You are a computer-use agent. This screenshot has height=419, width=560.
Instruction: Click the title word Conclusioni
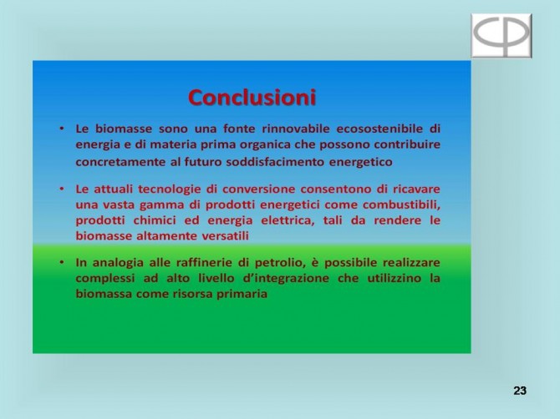(x=252, y=98)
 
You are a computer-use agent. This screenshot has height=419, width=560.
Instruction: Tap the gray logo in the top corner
(x=501, y=35)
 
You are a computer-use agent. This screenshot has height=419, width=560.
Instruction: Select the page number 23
(x=520, y=391)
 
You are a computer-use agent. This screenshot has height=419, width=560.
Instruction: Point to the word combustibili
(x=400, y=205)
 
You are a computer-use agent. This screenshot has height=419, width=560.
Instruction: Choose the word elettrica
(x=288, y=220)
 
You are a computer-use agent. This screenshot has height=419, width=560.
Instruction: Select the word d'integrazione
(x=286, y=278)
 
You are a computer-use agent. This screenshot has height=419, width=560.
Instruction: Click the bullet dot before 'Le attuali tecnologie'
(x=62, y=189)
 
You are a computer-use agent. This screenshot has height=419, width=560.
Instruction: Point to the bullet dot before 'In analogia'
(x=62, y=262)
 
